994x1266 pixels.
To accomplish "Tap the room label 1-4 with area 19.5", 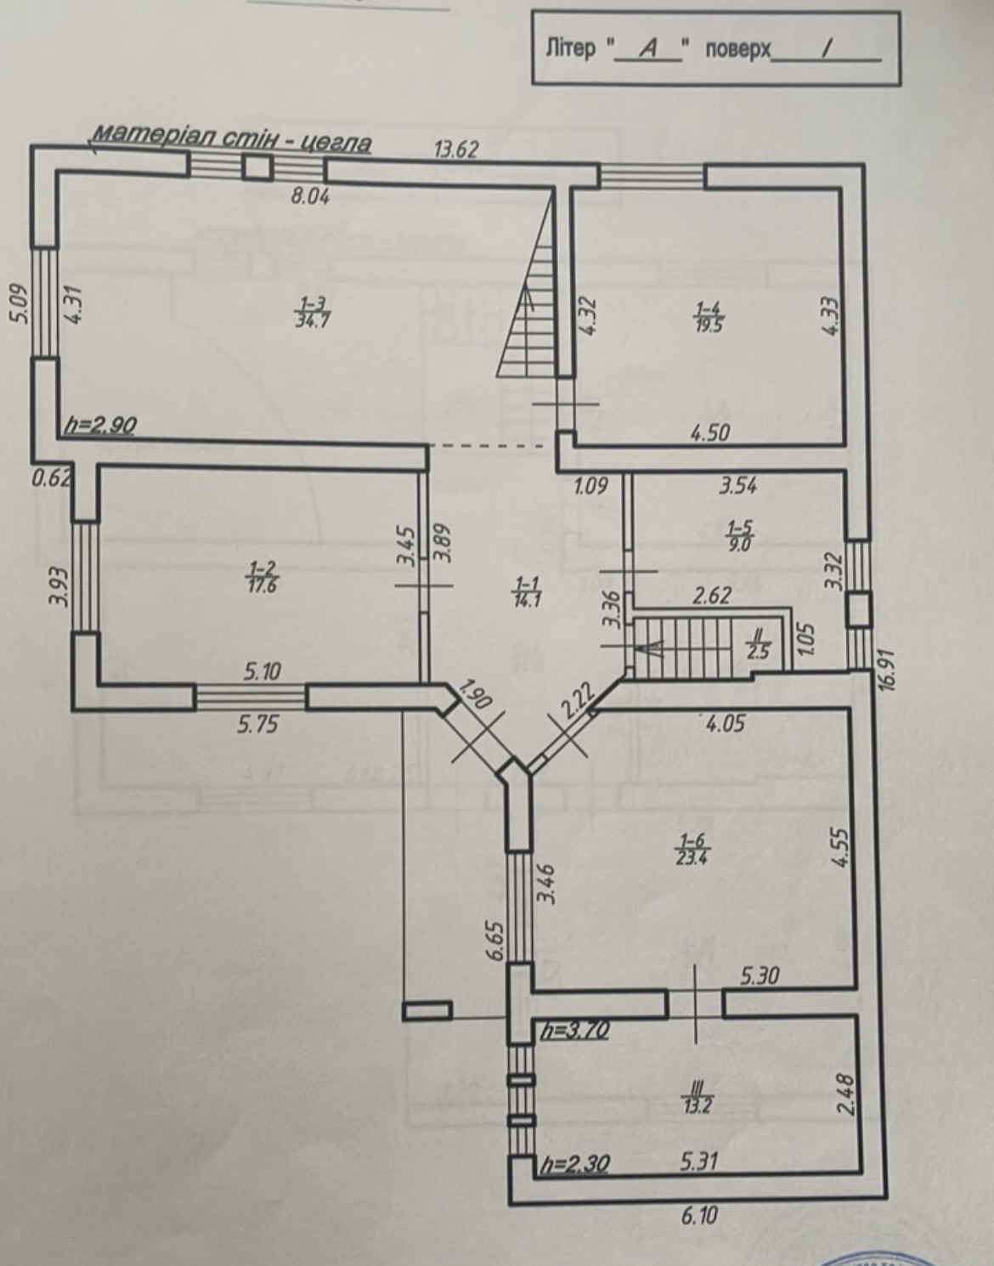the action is point(709,316).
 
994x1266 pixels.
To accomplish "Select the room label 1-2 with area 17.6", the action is point(263,576).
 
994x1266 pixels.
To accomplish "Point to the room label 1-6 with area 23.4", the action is point(692,866).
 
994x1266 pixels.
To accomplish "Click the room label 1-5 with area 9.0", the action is point(740,535).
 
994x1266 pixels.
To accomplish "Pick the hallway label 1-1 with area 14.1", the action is point(528,591).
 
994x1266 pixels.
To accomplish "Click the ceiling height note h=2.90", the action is point(101,426).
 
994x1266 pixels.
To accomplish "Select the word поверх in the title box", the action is point(737,50).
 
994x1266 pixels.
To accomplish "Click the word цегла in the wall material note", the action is point(336,143).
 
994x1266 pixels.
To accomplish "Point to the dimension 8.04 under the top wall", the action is point(310,196).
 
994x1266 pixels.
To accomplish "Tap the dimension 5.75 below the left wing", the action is point(257,724).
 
